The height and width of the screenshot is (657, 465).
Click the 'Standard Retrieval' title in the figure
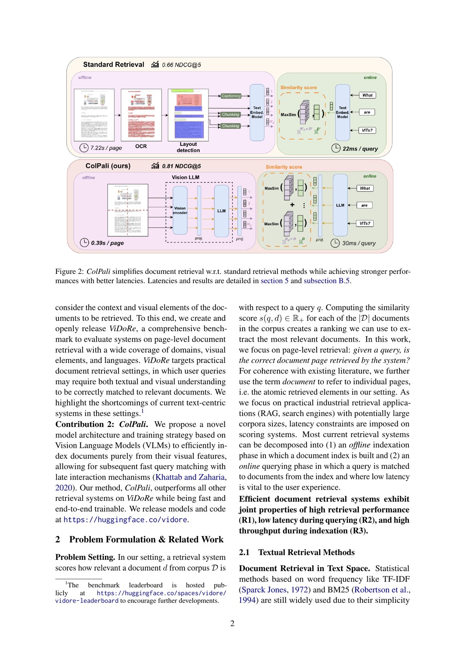coord(113,65)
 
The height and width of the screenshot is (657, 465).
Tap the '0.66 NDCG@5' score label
coord(181,65)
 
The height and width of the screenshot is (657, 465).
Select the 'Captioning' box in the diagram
coord(231,96)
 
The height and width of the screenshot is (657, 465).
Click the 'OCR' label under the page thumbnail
coord(141,146)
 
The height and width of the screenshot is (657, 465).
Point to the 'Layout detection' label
coord(188,147)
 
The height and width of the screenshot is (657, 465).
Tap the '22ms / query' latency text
coord(360,149)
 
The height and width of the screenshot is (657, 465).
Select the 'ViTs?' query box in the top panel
coord(367,130)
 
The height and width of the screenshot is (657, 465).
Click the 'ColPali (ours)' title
coord(108,166)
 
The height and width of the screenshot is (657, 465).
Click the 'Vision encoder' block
coord(180,210)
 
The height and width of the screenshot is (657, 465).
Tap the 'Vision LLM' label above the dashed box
coord(186,177)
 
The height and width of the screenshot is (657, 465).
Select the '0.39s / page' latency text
coord(107,243)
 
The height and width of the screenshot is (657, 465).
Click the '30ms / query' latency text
coord(359,243)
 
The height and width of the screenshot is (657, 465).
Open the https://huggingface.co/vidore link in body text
coord(125,520)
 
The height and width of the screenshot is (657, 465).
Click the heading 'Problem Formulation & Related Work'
coord(146,540)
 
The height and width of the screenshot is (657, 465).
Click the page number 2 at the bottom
coord(232,623)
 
